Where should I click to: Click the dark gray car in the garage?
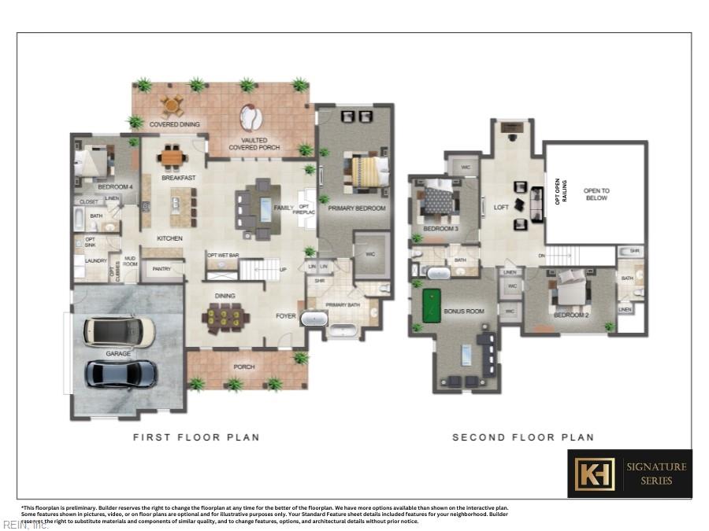tap(121, 374)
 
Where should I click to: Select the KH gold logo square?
tap(594, 473)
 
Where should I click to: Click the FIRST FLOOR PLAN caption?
tap(196, 437)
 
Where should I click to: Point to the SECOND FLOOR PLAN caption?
tap(523, 437)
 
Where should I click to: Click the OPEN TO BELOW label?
tap(596, 195)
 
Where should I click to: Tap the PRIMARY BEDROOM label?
tap(357, 208)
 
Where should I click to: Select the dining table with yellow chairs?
tap(225, 318)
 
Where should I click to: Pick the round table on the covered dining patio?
tap(172, 105)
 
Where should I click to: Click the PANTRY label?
tap(161, 269)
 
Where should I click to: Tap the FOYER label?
tap(285, 318)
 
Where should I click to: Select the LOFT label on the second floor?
tap(501, 208)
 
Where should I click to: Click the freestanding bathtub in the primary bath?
tap(316, 319)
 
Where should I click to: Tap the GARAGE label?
tap(119, 354)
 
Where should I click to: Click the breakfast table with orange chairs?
tap(172, 157)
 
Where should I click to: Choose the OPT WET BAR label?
tap(222, 255)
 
